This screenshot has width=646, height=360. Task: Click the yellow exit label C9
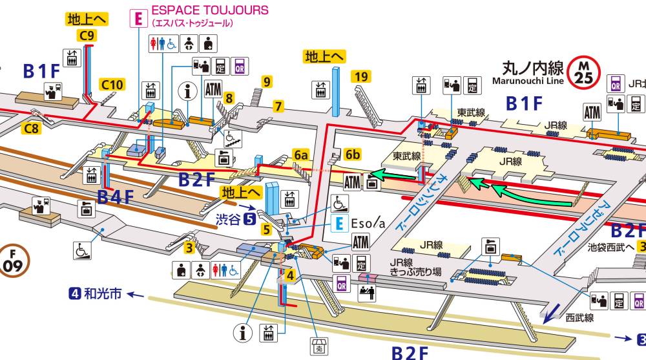pyautogui.click(x=87, y=36)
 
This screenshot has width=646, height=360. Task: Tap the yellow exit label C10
pyautogui.click(x=112, y=84)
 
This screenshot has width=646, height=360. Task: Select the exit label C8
pyautogui.click(x=32, y=129)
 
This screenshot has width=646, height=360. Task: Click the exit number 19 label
pyautogui.click(x=361, y=78)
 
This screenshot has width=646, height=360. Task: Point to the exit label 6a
pyautogui.click(x=301, y=155)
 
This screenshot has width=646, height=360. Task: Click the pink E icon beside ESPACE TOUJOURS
pyautogui.click(x=137, y=18)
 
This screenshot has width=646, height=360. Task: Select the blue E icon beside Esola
pyautogui.click(x=338, y=224)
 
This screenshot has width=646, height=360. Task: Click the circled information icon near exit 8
pyautogui.click(x=189, y=92)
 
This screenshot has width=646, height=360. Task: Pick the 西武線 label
pyautogui.click(x=579, y=317)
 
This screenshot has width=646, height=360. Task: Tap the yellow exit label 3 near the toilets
pyautogui.click(x=189, y=246)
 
